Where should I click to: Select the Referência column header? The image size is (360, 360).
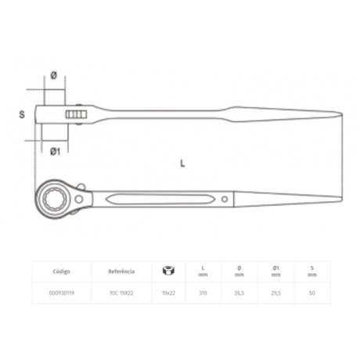tap(121, 272)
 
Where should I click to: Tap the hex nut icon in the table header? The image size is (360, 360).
tap(167, 271)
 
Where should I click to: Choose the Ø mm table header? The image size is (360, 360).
tap(238, 272)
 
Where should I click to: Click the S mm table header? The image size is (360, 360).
tap(311, 272)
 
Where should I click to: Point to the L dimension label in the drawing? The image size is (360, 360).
tap(182, 164)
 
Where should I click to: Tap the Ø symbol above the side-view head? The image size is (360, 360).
tap(52, 75)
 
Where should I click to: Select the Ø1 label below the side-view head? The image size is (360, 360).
tap(55, 150)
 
